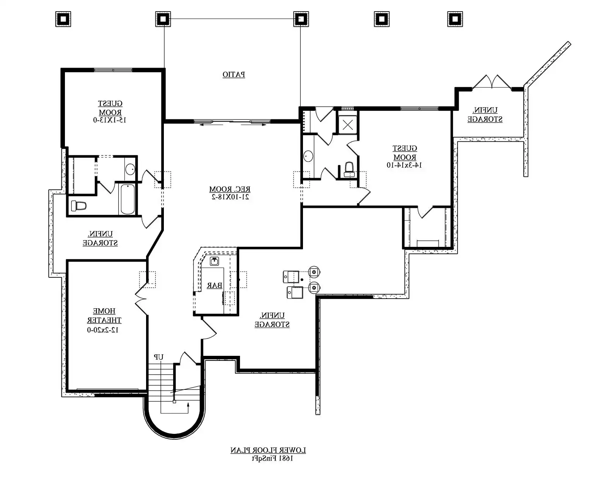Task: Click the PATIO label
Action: (x=233, y=74)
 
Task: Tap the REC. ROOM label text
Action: (x=230, y=189)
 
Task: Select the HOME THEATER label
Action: (x=104, y=316)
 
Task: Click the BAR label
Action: (x=214, y=285)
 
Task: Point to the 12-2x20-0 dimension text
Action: (x=102, y=330)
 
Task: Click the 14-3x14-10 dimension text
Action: (x=404, y=165)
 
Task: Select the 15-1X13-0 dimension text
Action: (x=110, y=120)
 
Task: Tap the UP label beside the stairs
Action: (x=158, y=357)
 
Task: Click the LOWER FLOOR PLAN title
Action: (x=268, y=450)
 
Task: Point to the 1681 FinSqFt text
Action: (x=272, y=459)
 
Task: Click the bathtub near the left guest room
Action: (x=128, y=199)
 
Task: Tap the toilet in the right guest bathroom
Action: (x=349, y=168)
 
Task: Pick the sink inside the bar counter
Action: (x=215, y=261)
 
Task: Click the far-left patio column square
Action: (x=63, y=19)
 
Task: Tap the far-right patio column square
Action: (x=455, y=19)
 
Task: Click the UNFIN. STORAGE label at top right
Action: (x=485, y=115)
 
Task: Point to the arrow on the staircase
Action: (x=188, y=405)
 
